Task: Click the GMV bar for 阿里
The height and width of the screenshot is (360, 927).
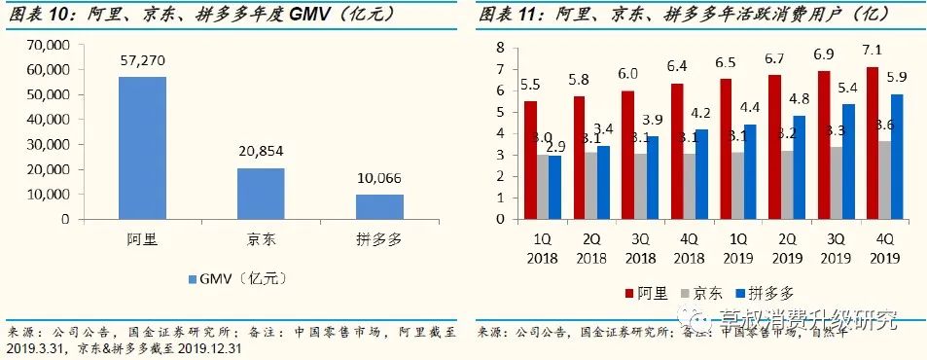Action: click(x=142, y=148)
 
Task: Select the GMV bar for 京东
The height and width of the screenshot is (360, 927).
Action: click(x=261, y=194)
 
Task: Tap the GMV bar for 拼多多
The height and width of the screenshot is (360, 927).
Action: click(x=379, y=206)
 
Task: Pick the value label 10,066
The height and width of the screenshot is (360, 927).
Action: click(x=379, y=179)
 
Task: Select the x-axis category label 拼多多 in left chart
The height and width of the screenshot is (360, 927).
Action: click(x=379, y=238)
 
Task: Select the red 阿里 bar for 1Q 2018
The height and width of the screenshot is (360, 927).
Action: click(x=530, y=161)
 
